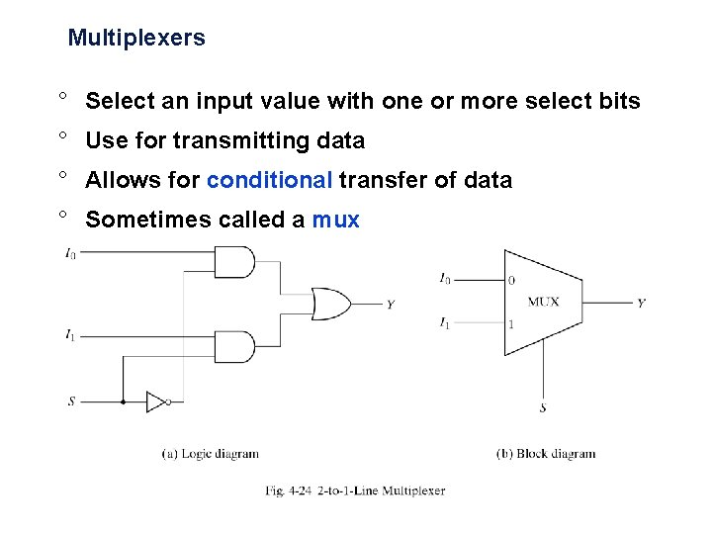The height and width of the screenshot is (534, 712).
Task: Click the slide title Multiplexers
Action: (136, 39)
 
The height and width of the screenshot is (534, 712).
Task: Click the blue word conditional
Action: (269, 180)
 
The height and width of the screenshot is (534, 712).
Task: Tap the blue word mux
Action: (336, 220)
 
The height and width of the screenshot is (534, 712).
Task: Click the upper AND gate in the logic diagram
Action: (234, 262)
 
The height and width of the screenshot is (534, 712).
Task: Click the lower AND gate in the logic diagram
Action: (234, 347)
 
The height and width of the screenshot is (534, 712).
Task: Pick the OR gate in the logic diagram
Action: (329, 304)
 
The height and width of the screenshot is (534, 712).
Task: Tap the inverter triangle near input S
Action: (155, 401)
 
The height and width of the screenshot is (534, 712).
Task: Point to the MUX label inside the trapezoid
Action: (543, 302)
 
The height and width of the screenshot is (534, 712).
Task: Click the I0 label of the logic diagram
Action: (70, 254)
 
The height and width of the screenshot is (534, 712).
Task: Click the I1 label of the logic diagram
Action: (70, 336)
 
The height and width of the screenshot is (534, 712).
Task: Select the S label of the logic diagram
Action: (70, 401)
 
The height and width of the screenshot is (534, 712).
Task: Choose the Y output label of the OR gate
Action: (391, 305)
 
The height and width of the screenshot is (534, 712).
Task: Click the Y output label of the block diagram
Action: (642, 303)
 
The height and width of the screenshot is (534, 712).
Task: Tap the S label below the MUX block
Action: (543, 407)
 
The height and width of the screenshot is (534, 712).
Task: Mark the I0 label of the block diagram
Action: (445, 280)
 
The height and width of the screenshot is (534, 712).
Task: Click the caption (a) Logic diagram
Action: (210, 454)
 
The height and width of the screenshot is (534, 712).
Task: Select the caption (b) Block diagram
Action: (546, 454)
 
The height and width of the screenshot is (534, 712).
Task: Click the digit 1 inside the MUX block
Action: (510, 323)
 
